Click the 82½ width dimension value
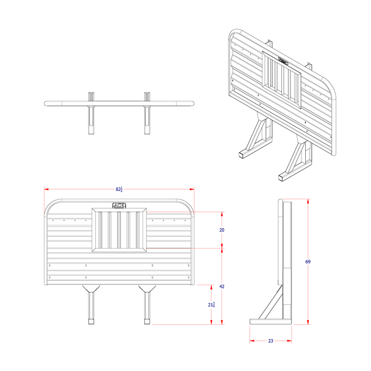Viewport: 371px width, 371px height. pos(119,189)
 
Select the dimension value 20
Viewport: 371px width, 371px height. pos(222,230)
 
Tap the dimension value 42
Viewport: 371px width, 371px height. pos(222,286)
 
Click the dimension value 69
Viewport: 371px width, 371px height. pos(308,262)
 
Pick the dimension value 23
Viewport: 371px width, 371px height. pos(270,341)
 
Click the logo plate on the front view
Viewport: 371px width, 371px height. pos(119,205)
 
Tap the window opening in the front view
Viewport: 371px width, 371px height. pos(119,230)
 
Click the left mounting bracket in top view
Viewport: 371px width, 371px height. pos(91,114)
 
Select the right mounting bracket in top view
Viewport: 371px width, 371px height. pos(147,114)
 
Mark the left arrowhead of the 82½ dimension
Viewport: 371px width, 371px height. pos(46,189)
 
